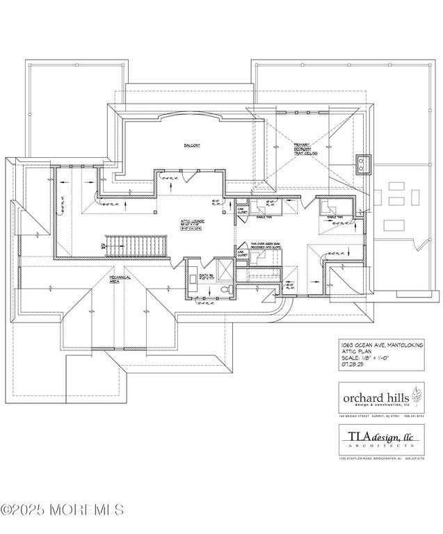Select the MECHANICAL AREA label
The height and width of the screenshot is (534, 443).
pos(119,279)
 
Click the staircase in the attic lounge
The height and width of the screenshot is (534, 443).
pos(136,245)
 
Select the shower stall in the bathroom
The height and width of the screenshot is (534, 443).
pos(224,268)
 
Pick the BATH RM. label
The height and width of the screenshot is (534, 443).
pos(206,275)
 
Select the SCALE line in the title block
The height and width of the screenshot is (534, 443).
pos(365,357)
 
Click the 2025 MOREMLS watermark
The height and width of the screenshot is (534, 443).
pos(62,510)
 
